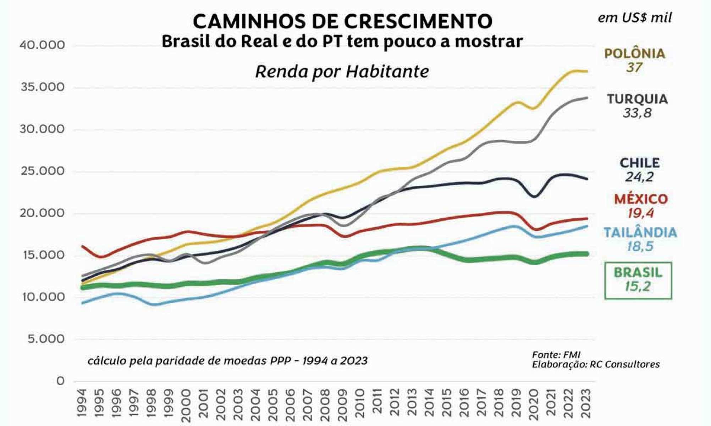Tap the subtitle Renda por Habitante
point(342,72)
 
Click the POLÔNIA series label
point(634,54)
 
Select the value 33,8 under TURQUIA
point(637,113)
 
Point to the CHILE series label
point(639,163)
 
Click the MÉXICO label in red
point(641,199)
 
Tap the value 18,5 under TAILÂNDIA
point(640,246)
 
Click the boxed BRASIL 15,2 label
point(638,280)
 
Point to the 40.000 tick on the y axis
point(43,45)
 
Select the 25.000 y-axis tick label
point(43,171)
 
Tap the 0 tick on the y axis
point(61,381)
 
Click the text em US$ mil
point(634,18)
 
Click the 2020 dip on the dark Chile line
point(534,196)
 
